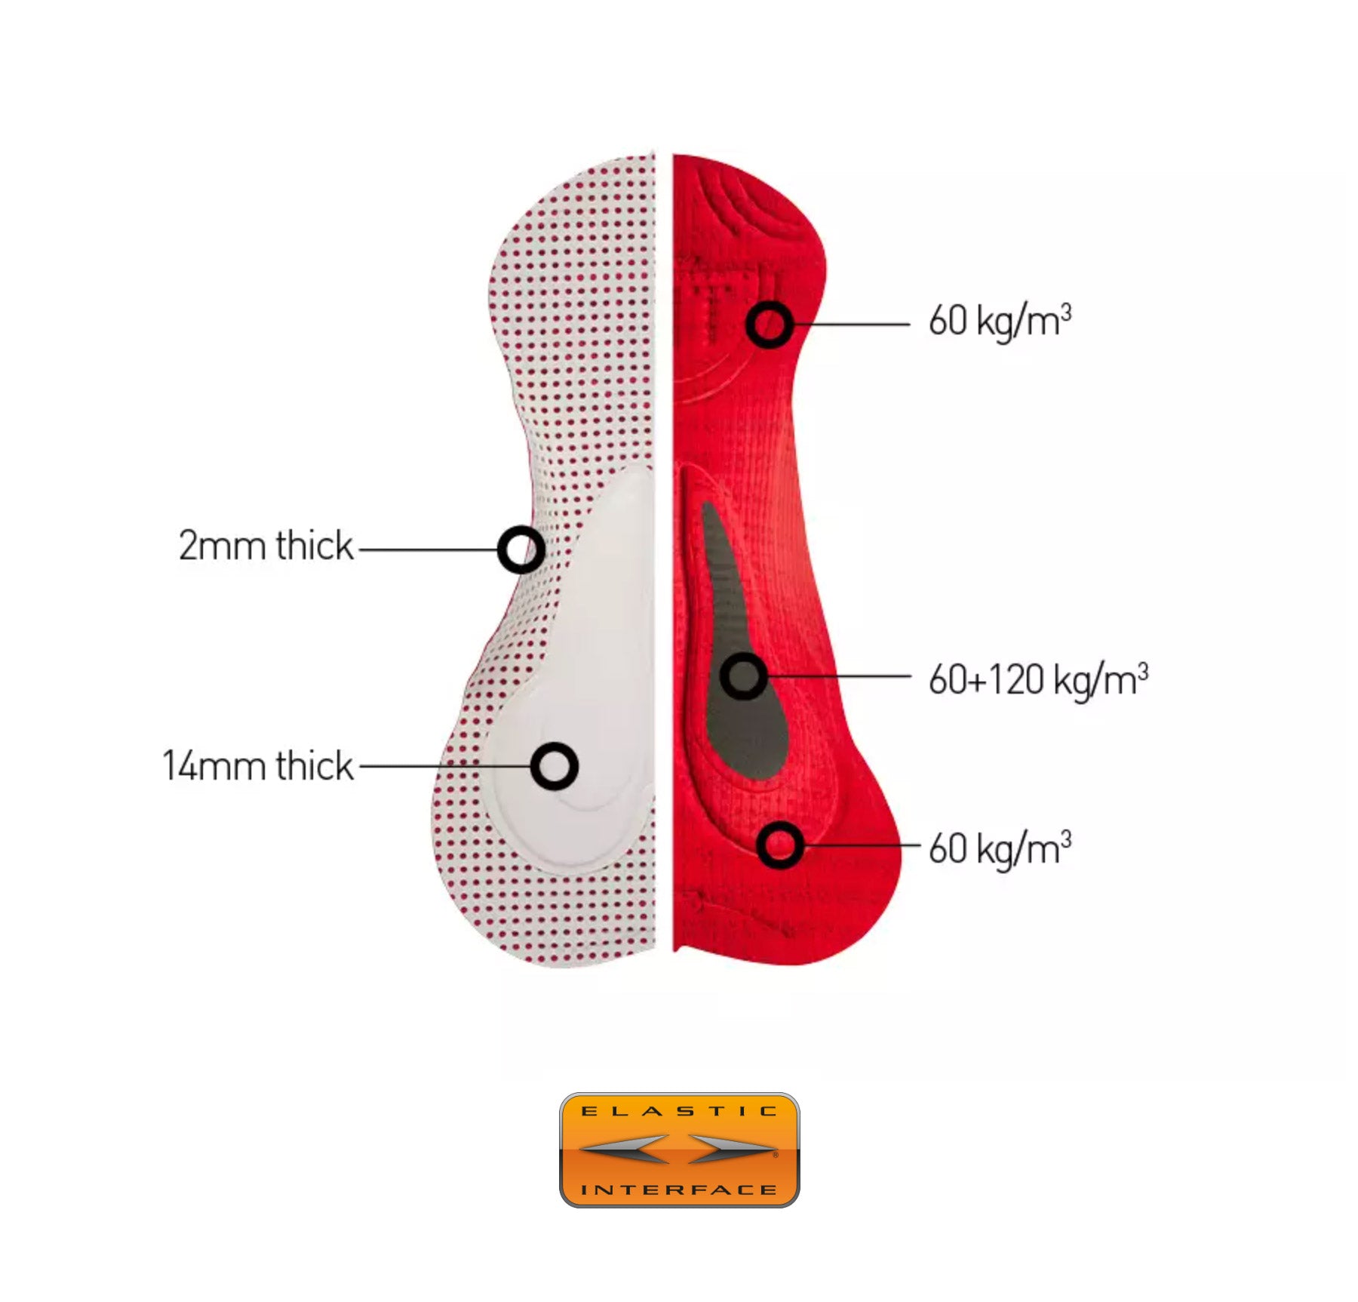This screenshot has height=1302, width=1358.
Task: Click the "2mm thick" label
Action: click(266, 545)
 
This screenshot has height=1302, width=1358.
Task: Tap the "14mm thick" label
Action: click(258, 765)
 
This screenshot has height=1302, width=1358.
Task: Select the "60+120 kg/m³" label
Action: click(1038, 680)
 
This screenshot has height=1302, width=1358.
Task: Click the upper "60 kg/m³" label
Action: click(1000, 321)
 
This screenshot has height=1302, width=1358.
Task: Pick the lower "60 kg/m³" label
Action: click(1000, 848)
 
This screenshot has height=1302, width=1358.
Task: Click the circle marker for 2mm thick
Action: click(521, 549)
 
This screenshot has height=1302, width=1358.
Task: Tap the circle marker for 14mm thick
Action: click(555, 766)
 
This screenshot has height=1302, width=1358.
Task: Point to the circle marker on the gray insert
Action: click(744, 676)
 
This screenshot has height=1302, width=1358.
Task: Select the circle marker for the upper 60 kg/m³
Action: click(770, 325)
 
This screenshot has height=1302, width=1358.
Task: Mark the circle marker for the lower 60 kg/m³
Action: click(780, 845)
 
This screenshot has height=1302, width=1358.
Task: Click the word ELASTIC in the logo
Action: click(679, 1111)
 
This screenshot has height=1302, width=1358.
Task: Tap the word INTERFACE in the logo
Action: click(679, 1190)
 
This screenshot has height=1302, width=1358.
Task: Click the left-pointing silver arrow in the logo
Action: click(625, 1149)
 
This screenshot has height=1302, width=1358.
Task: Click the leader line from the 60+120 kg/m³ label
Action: click(839, 676)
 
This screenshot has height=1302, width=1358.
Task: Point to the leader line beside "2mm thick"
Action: click(429, 549)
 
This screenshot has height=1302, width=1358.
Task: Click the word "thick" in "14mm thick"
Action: click(315, 765)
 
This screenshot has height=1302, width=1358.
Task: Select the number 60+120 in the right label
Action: click(985, 680)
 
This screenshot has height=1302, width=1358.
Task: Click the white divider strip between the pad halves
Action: click(664, 551)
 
